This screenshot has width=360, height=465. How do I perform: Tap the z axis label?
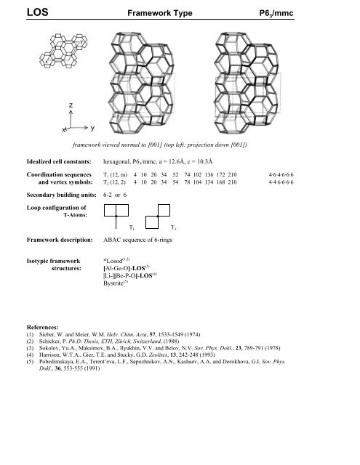70,105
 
